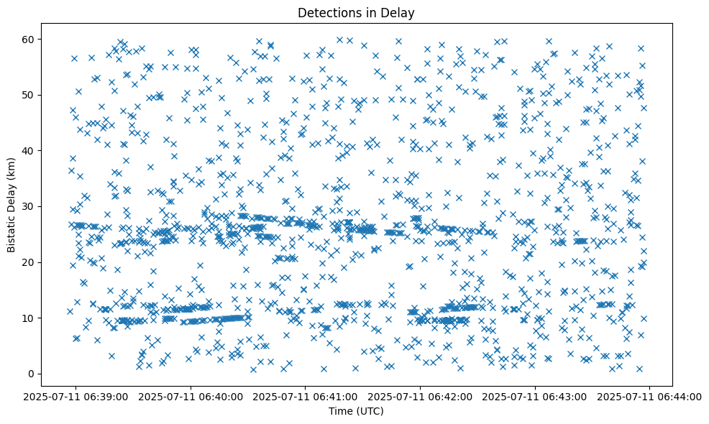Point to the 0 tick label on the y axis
(x=32, y=374)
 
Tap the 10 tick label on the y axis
(x=29, y=318)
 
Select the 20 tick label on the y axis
(x=29, y=262)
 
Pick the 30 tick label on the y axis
(x=29, y=206)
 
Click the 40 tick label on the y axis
(x=29, y=150)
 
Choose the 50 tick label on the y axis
(x=29, y=95)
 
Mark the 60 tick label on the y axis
(x=29, y=39)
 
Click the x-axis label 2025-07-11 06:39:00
(x=76, y=397)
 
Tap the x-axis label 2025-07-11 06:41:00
(x=306, y=397)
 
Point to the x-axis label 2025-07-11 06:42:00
(x=421, y=397)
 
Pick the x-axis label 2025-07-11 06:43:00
(x=535, y=397)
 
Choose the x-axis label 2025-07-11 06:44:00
(x=650, y=397)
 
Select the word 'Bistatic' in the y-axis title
(x=12, y=232)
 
